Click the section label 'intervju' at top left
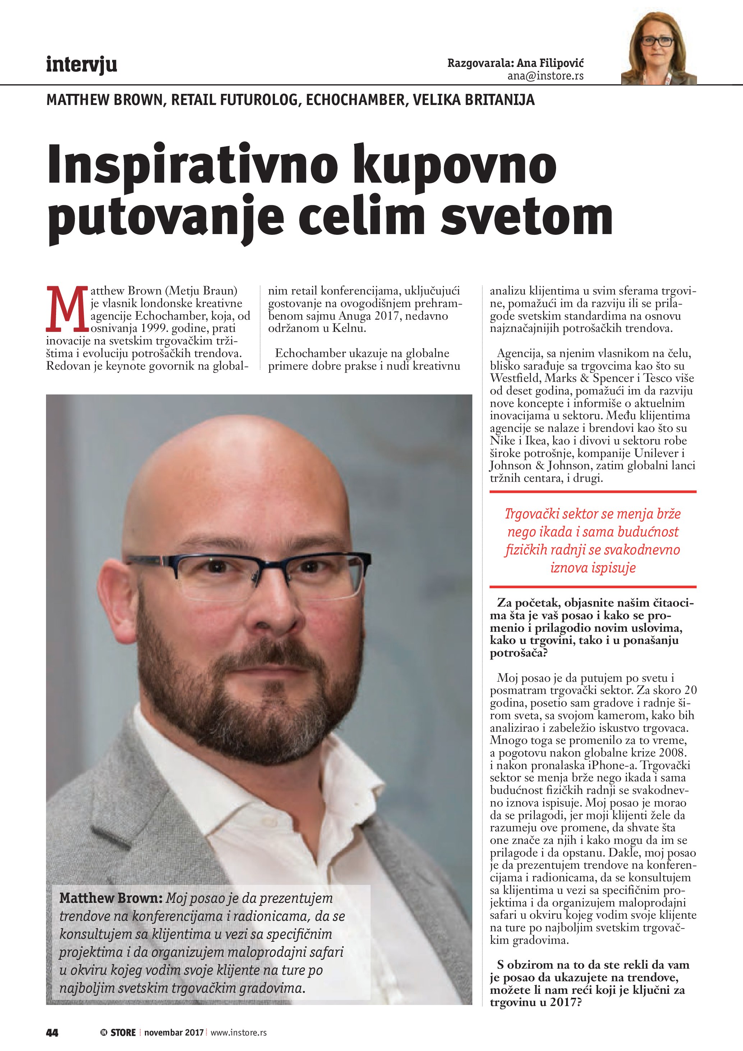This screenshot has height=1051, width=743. point(82,65)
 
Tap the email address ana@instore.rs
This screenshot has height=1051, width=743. point(545,76)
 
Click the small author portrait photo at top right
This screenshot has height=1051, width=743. point(659,48)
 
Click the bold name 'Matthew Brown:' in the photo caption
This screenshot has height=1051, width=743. point(111,898)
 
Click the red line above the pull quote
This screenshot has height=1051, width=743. point(593,492)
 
